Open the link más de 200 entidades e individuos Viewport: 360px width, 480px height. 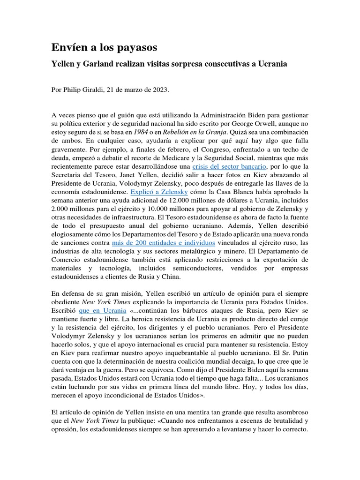tap(164, 242)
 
